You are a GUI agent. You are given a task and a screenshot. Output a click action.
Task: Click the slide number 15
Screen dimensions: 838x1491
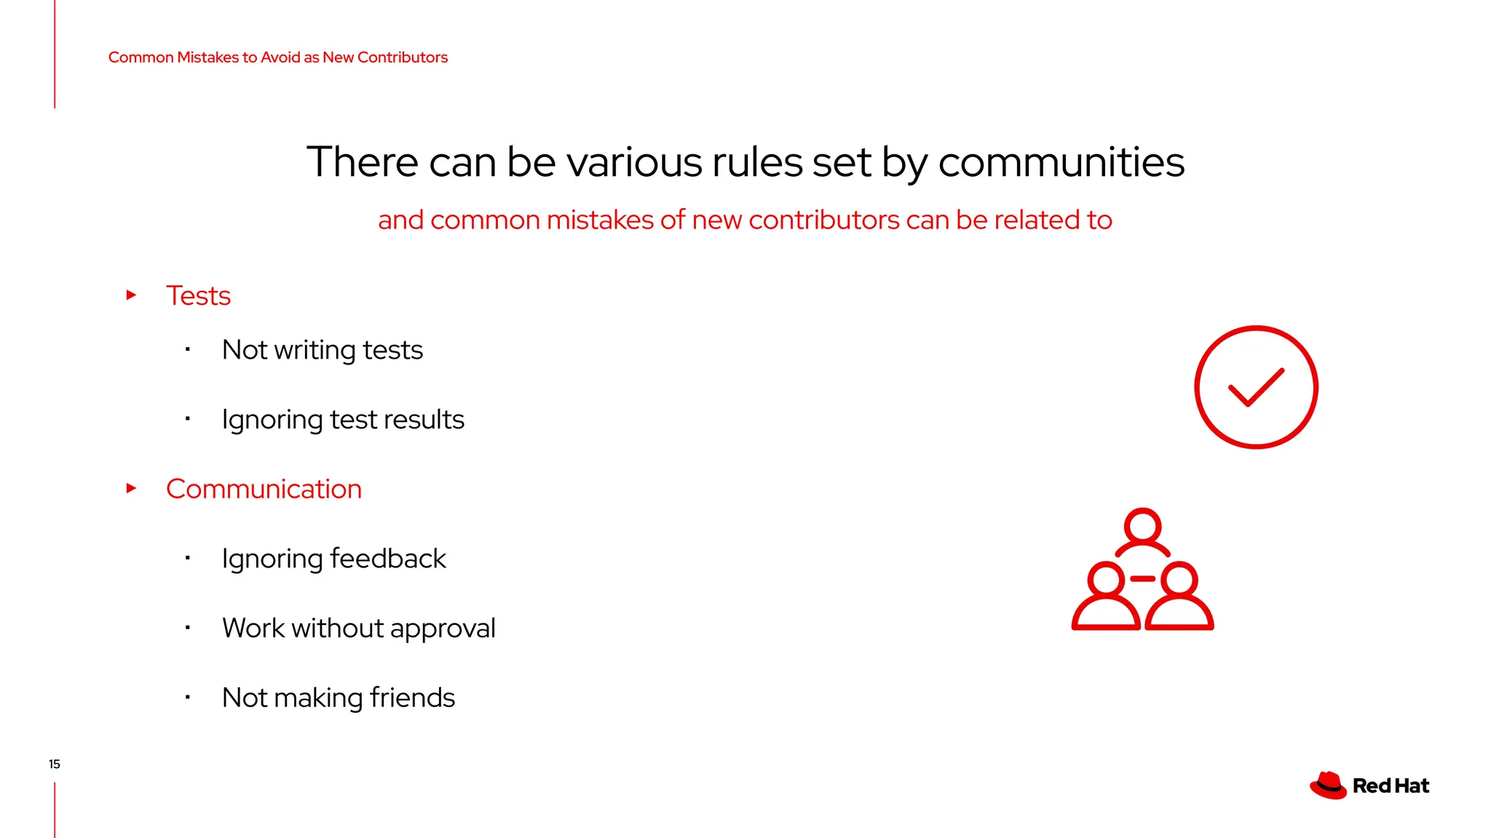55,764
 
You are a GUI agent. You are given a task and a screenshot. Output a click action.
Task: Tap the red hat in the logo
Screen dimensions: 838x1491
1329,786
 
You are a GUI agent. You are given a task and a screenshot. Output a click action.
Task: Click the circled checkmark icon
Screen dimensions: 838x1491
1256,387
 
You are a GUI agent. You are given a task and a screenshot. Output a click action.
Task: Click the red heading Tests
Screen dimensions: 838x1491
198,296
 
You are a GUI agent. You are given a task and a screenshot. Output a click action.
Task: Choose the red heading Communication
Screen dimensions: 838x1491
264,489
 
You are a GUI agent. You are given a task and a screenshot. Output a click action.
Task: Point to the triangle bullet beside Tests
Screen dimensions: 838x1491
132,295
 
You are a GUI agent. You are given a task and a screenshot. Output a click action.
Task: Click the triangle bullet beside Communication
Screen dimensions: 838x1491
132,488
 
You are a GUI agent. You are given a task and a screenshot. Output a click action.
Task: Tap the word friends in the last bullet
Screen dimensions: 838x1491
412,698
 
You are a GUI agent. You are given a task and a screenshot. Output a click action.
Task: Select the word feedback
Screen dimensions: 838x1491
388,559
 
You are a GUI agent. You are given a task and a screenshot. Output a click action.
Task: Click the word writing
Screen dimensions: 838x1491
315,351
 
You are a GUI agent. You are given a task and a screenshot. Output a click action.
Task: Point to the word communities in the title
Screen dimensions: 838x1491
1061,162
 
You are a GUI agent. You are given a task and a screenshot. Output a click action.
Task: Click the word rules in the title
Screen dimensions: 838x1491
756,162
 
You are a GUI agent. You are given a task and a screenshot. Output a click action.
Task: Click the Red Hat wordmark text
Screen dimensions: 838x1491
1391,786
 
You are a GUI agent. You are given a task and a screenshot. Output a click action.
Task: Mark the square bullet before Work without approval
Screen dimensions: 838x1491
188,627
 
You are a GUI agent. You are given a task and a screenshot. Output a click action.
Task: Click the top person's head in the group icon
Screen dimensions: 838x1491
1142,525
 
